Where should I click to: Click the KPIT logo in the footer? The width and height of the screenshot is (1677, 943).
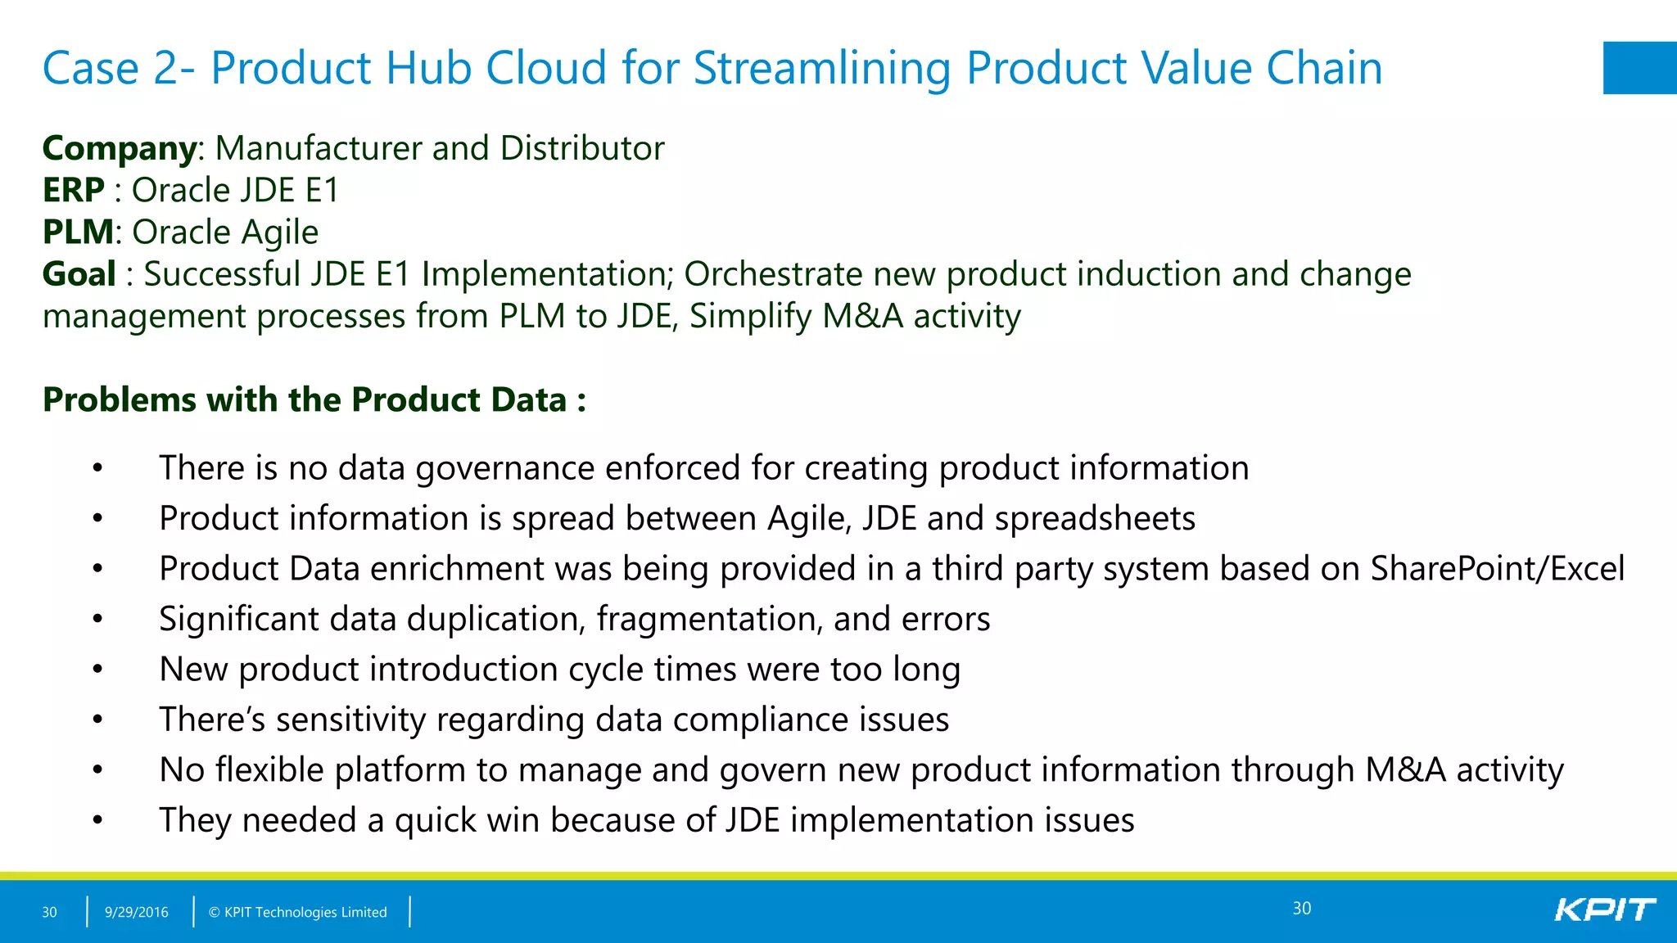[x=1604, y=909]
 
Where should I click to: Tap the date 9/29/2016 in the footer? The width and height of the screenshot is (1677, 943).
[x=136, y=912]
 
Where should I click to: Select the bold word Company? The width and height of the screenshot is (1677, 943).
[x=120, y=149]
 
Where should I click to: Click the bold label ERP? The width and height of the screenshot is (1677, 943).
[x=74, y=191]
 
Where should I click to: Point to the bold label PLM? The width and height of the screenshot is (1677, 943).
[x=78, y=232]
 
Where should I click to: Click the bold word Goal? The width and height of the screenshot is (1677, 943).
[x=79, y=274]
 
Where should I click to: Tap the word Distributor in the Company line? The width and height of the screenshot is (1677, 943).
[x=581, y=149]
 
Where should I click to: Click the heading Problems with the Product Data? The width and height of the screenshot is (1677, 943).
[x=314, y=400]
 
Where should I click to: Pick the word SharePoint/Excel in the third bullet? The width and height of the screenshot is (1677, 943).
[x=1497, y=569]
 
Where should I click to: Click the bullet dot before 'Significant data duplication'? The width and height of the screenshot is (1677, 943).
[x=97, y=620]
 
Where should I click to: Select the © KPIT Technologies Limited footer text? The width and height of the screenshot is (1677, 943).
[x=297, y=912]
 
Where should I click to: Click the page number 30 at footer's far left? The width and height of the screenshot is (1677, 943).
[x=49, y=912]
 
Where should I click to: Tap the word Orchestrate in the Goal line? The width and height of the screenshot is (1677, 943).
[x=772, y=274]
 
